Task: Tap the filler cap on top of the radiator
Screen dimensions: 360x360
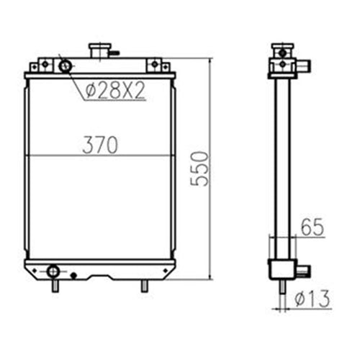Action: coord(99,51)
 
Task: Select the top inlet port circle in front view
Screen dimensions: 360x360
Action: coord(66,66)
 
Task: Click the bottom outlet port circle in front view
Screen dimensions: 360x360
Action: coord(53,271)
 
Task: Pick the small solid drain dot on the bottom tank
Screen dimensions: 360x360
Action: coord(73,274)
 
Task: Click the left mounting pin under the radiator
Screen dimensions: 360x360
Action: coord(54,286)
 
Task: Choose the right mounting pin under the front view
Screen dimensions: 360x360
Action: coord(144,286)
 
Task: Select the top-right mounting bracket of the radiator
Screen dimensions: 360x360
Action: coord(157,66)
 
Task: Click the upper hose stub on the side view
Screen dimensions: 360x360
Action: coord(306,67)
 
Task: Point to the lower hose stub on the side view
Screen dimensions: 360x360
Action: coord(305,271)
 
